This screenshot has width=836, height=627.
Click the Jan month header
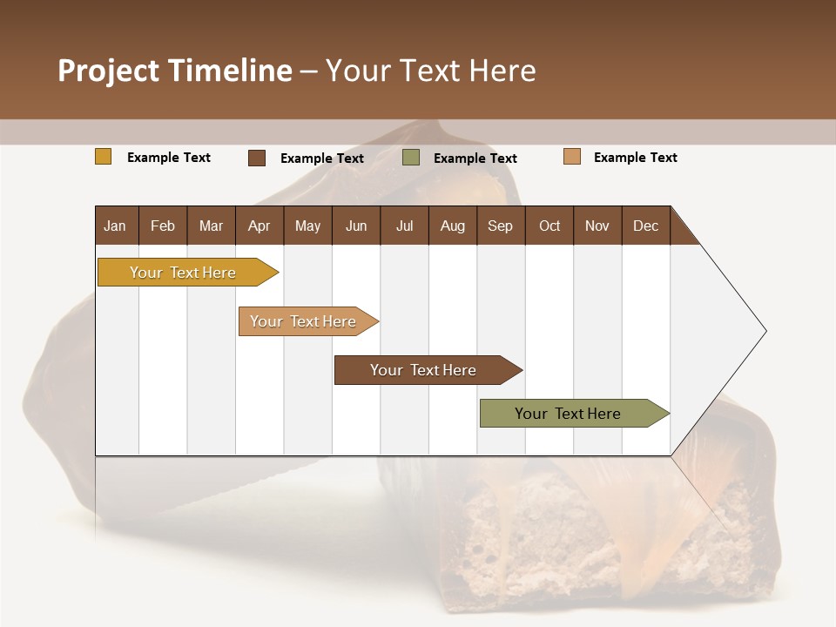[x=115, y=226]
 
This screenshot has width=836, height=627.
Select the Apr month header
[x=259, y=226]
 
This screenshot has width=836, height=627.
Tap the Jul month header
[x=404, y=226]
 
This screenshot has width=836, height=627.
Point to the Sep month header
[x=500, y=226]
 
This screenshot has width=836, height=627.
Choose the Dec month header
[x=645, y=226]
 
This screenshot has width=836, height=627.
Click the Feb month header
[x=163, y=226]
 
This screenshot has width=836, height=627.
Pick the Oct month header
[x=549, y=226]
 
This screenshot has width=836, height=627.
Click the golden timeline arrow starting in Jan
[x=183, y=273]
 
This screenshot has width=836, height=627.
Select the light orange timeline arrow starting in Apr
[x=303, y=321]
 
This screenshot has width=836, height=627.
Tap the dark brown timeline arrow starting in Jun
[x=423, y=370]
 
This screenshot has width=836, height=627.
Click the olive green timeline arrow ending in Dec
[x=568, y=414]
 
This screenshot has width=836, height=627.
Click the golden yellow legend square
[x=103, y=157]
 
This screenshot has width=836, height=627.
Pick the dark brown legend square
[x=256, y=158]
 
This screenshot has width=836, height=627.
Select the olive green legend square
[x=410, y=158]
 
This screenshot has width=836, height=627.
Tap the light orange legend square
[x=571, y=157]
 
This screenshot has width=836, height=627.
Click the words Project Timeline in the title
[x=174, y=71]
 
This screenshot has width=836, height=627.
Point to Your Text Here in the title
[x=430, y=71]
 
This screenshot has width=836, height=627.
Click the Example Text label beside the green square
[x=475, y=158]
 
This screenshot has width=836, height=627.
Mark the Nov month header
[x=597, y=226]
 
